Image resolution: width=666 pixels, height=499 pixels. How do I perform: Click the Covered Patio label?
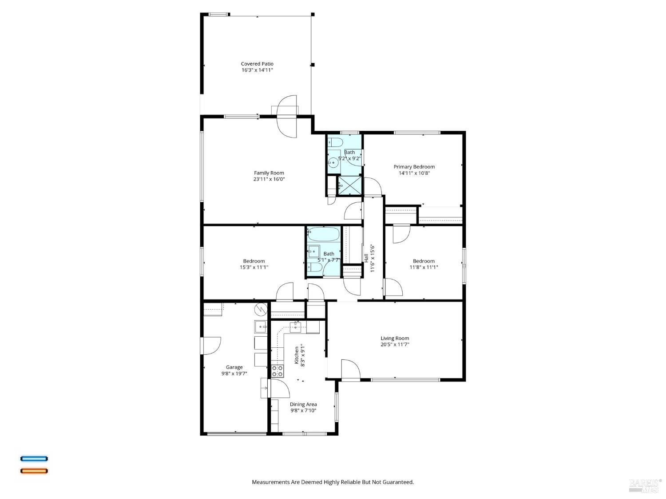pyautogui.click(x=257, y=64)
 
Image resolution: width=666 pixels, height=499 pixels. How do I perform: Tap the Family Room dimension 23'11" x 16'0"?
pyautogui.click(x=269, y=179)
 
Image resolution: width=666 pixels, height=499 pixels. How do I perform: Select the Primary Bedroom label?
pyautogui.click(x=414, y=167)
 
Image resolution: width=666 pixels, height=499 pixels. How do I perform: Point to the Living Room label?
pyautogui.click(x=395, y=338)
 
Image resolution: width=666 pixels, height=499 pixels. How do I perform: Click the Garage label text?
pyautogui.click(x=234, y=367)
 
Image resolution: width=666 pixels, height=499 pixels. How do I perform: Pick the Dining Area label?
pyautogui.click(x=303, y=404)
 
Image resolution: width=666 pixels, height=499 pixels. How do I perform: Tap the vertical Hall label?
pyautogui.click(x=366, y=258)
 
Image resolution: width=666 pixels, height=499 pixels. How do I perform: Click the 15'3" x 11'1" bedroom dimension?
pyautogui.click(x=254, y=267)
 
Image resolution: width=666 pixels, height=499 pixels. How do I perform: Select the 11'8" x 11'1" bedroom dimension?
pyautogui.click(x=424, y=267)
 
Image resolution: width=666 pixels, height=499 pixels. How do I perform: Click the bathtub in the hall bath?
pyautogui.click(x=324, y=234)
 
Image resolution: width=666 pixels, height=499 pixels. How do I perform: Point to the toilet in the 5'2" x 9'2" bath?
pyautogui.click(x=335, y=142)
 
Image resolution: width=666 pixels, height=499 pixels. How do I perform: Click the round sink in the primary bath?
pyautogui.click(x=333, y=162)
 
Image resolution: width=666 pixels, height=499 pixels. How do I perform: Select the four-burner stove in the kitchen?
pyautogui.click(x=277, y=371)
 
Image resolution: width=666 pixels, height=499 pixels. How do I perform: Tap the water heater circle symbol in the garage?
pyautogui.click(x=261, y=308)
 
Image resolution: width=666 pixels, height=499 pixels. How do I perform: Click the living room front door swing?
pyautogui.click(x=350, y=369)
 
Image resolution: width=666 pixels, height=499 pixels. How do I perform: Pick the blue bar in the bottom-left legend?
pyautogui.click(x=34, y=459)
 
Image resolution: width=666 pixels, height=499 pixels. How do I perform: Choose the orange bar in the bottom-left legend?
pyautogui.click(x=34, y=471)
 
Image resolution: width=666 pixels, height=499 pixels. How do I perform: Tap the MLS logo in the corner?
pyautogui.click(x=645, y=486)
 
